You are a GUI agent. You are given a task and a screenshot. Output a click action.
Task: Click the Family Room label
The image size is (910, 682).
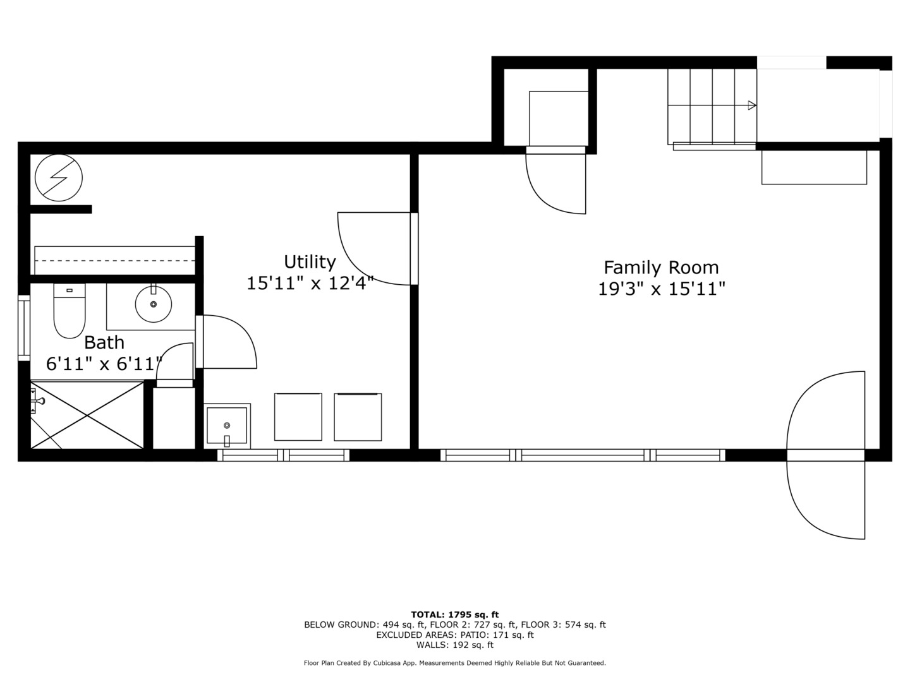point(661,268)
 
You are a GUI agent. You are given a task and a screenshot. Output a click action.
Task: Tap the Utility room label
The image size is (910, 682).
point(310,262)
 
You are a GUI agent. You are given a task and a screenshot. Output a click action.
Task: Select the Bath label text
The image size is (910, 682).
point(104,343)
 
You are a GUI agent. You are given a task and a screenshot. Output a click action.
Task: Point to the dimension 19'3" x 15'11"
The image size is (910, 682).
point(661,289)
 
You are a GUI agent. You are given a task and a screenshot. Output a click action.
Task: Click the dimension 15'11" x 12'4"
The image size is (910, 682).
point(310,284)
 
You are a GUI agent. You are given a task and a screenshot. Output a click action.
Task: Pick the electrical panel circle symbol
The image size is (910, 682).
point(59,177)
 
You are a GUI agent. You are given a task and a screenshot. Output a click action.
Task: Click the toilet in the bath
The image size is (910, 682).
point(70,311)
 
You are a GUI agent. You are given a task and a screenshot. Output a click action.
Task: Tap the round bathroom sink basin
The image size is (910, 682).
point(154,304)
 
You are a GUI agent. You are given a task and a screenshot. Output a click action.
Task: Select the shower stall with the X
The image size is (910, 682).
point(87,415)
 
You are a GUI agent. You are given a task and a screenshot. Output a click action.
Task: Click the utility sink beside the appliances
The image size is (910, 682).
point(227,426)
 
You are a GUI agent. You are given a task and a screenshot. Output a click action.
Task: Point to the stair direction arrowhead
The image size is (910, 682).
point(752,105)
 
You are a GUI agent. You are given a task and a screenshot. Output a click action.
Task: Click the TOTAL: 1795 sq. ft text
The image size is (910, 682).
point(455,614)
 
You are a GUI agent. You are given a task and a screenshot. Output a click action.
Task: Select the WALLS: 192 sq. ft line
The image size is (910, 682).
point(455,645)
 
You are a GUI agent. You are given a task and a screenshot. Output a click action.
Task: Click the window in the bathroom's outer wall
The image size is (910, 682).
point(24,328)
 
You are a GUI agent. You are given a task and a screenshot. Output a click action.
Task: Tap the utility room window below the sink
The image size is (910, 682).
point(284,455)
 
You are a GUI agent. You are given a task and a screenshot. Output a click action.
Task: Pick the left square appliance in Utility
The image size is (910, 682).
point(298,417)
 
